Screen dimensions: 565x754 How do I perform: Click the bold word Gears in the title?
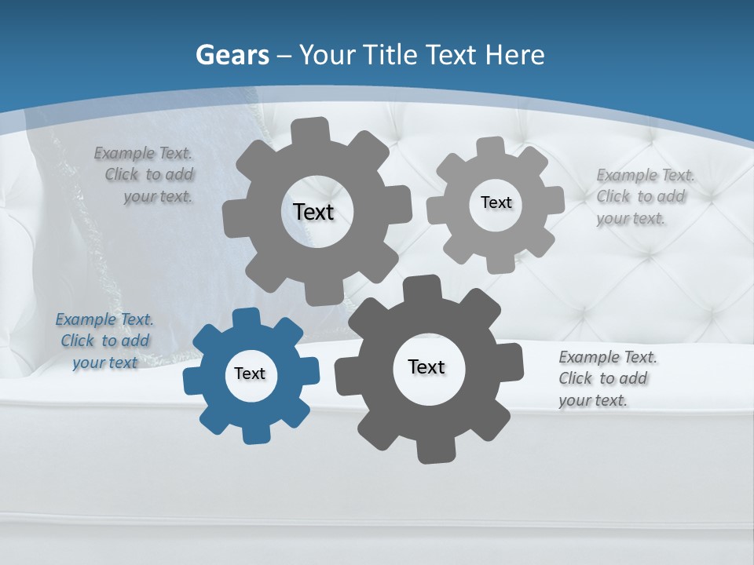(232, 55)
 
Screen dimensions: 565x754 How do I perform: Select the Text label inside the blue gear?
(250, 374)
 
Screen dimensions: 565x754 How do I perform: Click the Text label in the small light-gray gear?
(496, 202)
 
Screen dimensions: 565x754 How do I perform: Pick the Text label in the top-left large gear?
(313, 212)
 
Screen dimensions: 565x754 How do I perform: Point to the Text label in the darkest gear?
(426, 366)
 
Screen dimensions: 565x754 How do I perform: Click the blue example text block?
(104, 341)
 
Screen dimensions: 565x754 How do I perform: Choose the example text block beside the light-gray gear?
(645, 196)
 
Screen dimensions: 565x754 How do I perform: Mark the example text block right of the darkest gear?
(607, 378)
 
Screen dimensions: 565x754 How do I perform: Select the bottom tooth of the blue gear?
(254, 433)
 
